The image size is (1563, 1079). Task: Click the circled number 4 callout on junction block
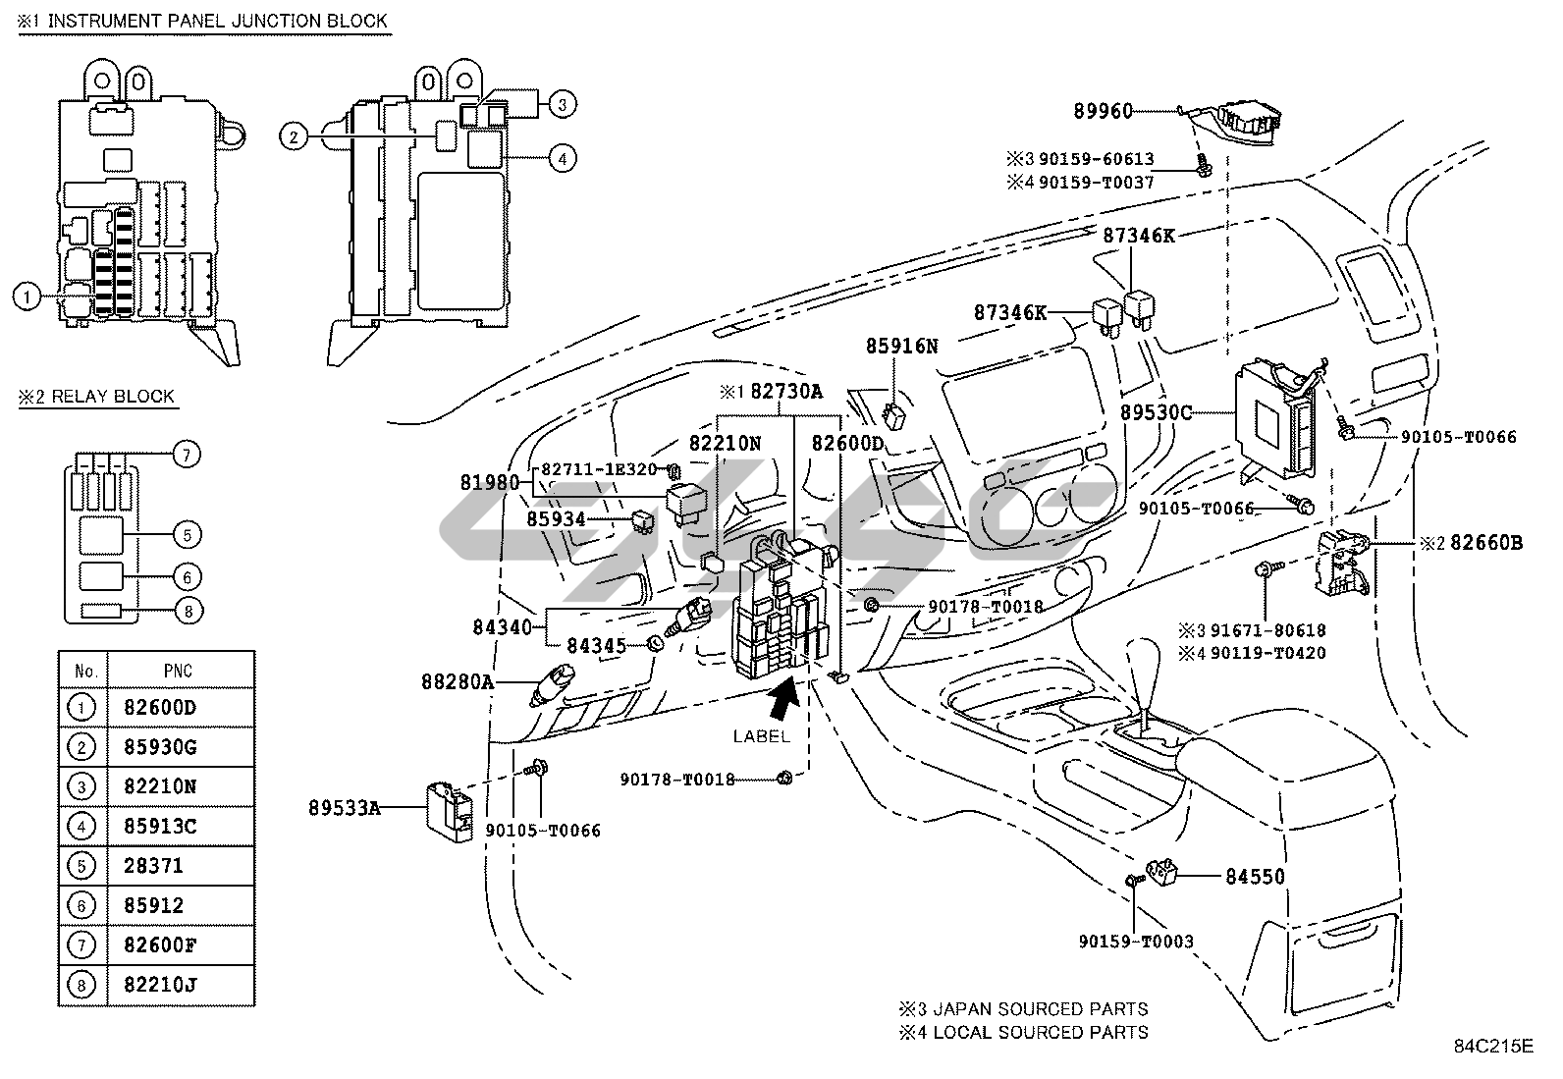tap(562, 157)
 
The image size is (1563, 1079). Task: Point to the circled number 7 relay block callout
tap(187, 454)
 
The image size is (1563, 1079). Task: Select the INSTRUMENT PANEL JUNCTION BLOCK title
tap(203, 20)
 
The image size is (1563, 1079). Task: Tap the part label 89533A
tap(344, 808)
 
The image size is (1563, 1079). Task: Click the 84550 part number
tap(1254, 876)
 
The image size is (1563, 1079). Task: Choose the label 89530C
tap(1157, 413)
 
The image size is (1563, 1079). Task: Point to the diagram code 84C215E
tap(1493, 1046)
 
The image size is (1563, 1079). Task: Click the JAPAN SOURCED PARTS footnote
tap(1023, 1008)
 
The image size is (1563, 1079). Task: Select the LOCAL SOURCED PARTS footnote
tap(1023, 1032)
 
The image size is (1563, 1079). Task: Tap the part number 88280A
tap(457, 680)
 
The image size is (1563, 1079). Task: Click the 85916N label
tap(901, 347)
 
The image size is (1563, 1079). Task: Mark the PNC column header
tap(178, 672)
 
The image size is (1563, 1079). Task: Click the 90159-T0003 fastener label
tap(1136, 941)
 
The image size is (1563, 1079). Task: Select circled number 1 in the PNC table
tap(83, 707)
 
